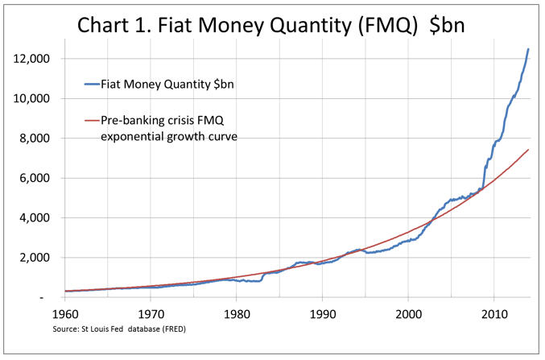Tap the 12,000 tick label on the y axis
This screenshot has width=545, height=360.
pos(31,59)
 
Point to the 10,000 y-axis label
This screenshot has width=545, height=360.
pos(31,98)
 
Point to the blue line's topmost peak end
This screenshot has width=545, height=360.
pos(529,50)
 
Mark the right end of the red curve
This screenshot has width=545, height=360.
pos(529,150)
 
